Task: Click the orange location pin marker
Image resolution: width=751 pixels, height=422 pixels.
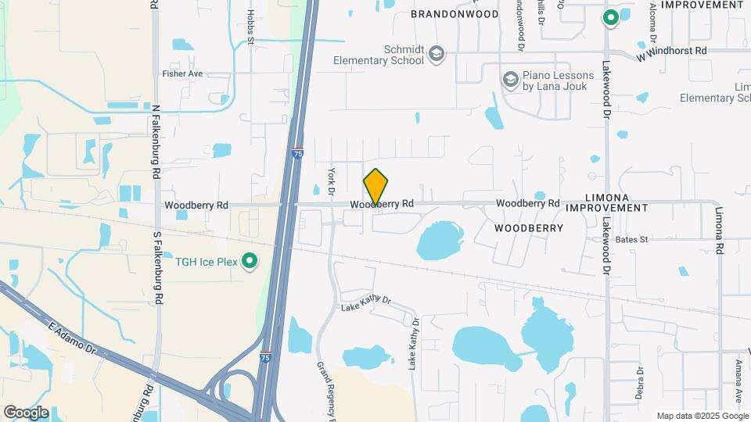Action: [x=376, y=188]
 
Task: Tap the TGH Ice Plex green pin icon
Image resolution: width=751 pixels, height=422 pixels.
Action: [x=250, y=260]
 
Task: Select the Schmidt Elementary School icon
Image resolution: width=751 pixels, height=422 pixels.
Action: [x=436, y=54]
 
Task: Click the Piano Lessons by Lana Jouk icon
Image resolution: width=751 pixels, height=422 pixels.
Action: [x=511, y=80]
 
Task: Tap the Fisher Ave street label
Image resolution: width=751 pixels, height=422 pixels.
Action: [x=182, y=73]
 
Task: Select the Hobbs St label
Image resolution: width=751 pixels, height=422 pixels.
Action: [x=250, y=27]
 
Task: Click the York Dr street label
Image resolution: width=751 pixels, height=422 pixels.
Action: [x=331, y=181]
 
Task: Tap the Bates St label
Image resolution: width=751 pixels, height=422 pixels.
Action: [x=631, y=239]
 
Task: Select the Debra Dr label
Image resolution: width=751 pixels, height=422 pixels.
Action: [x=639, y=382]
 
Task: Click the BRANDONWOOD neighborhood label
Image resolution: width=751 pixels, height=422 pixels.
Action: [x=455, y=14]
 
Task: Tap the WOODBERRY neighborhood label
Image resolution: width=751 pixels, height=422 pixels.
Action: [x=529, y=228]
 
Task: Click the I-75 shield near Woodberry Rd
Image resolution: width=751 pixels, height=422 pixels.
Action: [x=297, y=154]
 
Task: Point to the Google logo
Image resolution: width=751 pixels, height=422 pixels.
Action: [x=27, y=412]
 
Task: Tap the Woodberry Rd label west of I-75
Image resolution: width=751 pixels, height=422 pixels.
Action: [x=196, y=205]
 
